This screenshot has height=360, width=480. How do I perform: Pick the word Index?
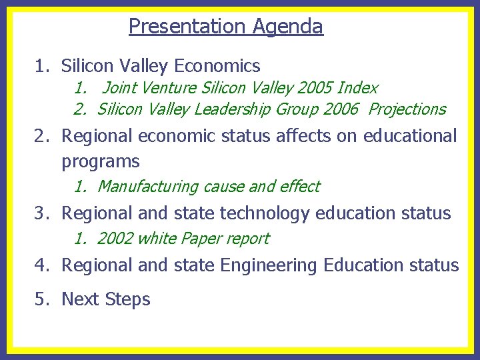tap(358, 88)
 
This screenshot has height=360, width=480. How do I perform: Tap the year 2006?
tap(338, 109)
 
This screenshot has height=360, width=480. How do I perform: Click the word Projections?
tap(407, 109)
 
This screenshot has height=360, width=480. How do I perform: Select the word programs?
tap(101, 162)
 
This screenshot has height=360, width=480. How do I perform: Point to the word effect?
tap(300, 187)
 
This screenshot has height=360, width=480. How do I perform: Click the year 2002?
tap(115, 239)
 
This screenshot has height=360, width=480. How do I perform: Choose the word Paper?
tap(200, 239)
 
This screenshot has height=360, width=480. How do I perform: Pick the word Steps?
tap(128, 300)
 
